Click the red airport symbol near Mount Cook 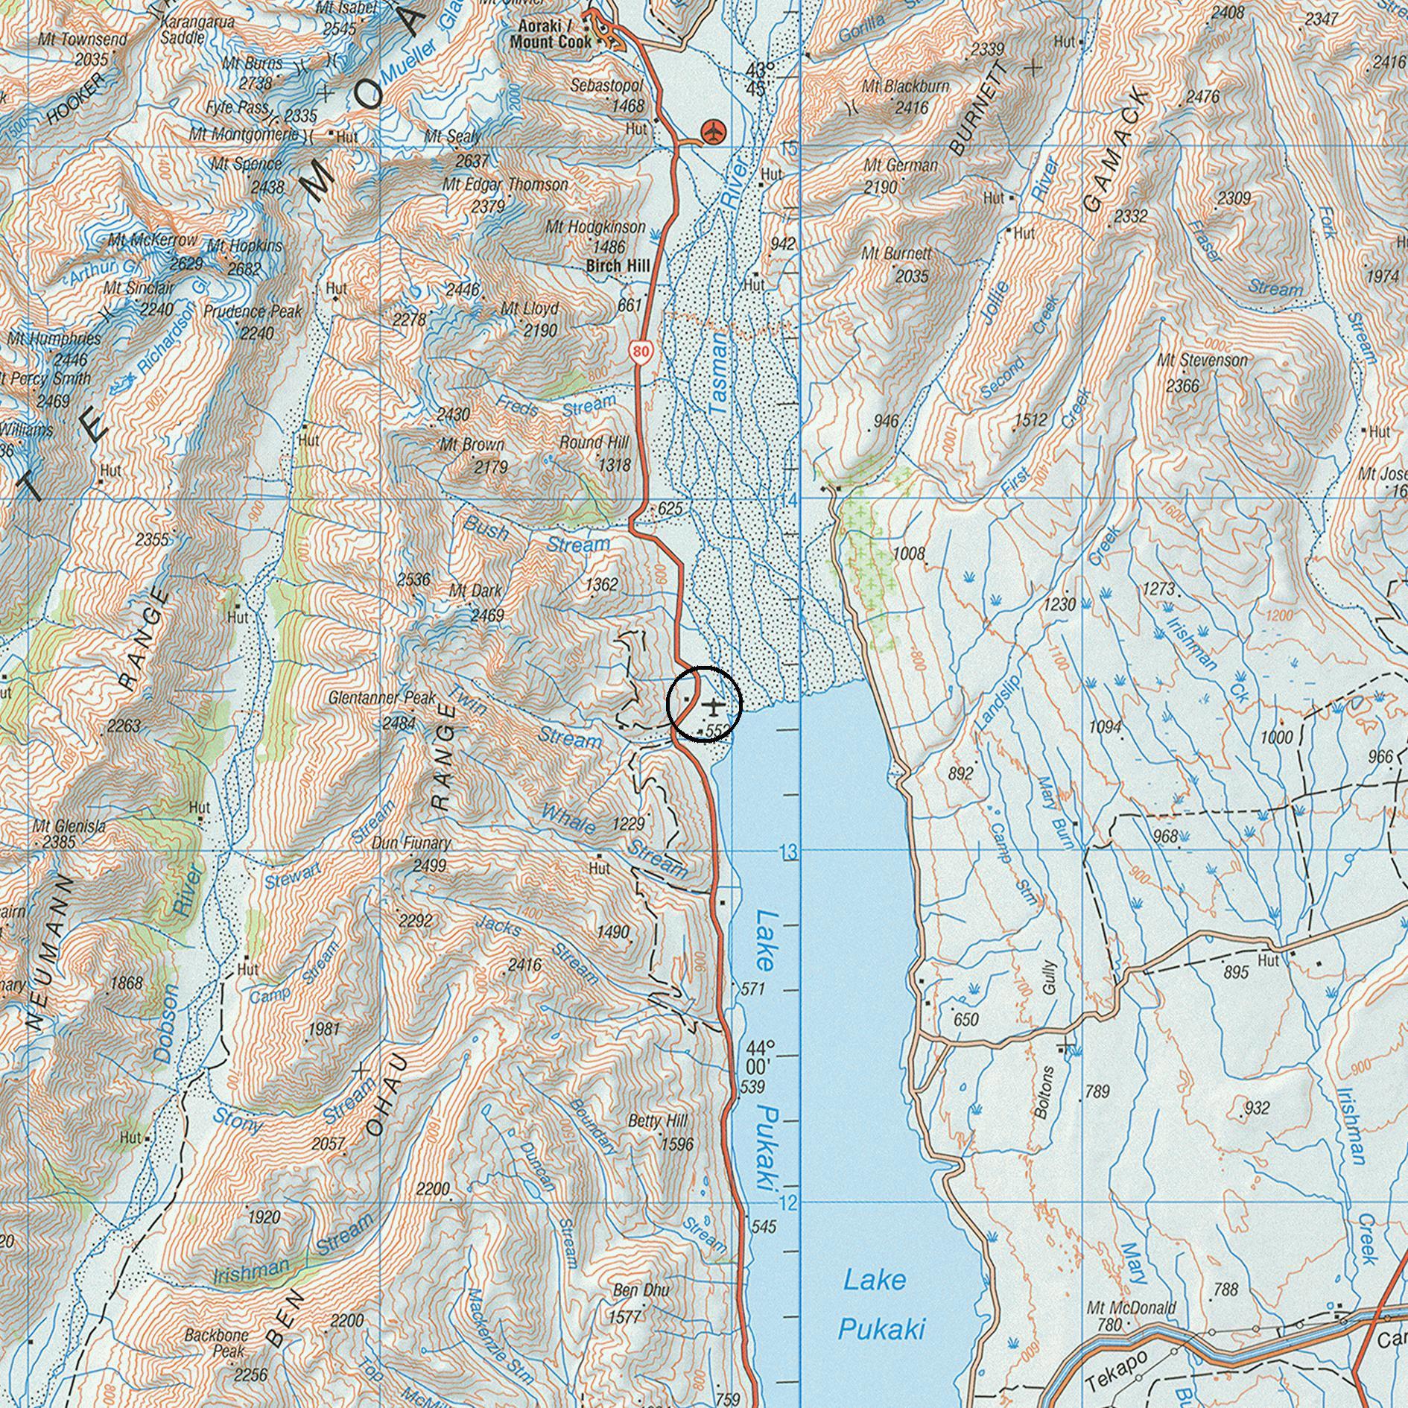tap(714, 132)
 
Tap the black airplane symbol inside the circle tap(714, 705)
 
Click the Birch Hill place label tap(618, 266)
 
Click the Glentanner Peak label tap(383, 699)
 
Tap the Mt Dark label tap(475, 592)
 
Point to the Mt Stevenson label tap(1202, 361)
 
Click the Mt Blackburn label tap(905, 86)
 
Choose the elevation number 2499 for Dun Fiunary tap(429, 866)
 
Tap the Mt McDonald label tap(1131, 1307)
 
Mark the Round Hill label tap(594, 443)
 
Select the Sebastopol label tap(607, 86)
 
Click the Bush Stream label tap(535, 538)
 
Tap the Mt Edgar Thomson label tap(505, 184)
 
